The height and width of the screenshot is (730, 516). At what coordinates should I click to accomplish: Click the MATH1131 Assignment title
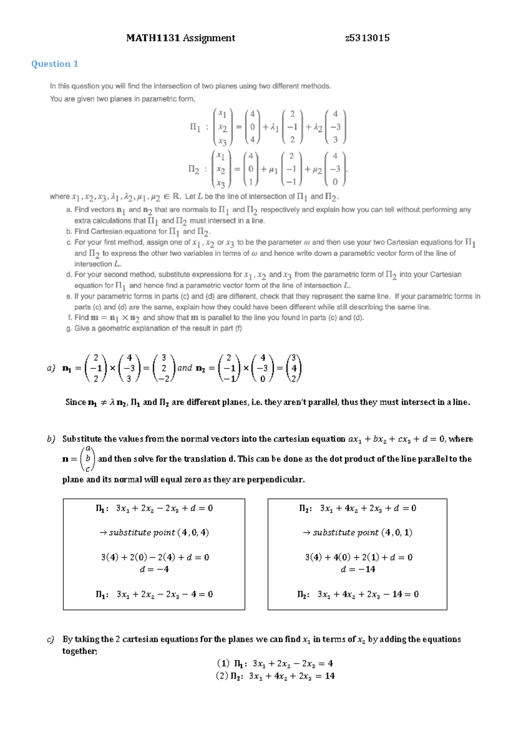pyautogui.click(x=181, y=38)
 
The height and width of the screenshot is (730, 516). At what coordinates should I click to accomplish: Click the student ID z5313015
pyautogui.click(x=367, y=38)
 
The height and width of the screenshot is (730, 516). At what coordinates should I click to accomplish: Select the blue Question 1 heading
pyautogui.click(x=55, y=64)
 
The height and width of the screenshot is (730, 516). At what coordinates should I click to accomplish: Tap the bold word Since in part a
pyautogui.click(x=76, y=402)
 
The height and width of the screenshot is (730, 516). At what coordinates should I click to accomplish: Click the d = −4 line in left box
pyautogui.click(x=154, y=569)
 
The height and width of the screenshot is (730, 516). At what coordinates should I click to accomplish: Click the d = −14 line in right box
pyautogui.click(x=358, y=569)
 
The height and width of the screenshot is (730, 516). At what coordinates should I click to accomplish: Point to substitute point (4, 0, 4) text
pyautogui.click(x=154, y=533)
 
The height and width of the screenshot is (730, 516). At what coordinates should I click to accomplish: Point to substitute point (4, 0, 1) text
pyautogui.click(x=358, y=533)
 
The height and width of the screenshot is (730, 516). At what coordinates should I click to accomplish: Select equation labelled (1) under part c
pyautogui.click(x=275, y=663)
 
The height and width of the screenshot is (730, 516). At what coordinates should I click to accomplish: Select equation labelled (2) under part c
pyautogui.click(x=275, y=676)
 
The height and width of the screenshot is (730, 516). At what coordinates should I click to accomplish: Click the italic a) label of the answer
pyautogui.click(x=51, y=368)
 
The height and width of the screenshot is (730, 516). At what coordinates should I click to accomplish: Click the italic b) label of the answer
pyautogui.click(x=51, y=439)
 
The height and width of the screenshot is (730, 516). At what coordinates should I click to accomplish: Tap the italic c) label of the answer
pyautogui.click(x=51, y=639)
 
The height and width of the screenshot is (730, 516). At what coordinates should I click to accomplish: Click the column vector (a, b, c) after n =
pyautogui.click(x=88, y=459)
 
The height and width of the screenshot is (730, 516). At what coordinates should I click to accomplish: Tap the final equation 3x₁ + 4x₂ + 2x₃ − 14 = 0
pyautogui.click(x=358, y=594)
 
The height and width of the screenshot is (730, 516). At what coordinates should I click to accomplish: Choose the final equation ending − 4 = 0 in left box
pyautogui.click(x=154, y=594)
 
